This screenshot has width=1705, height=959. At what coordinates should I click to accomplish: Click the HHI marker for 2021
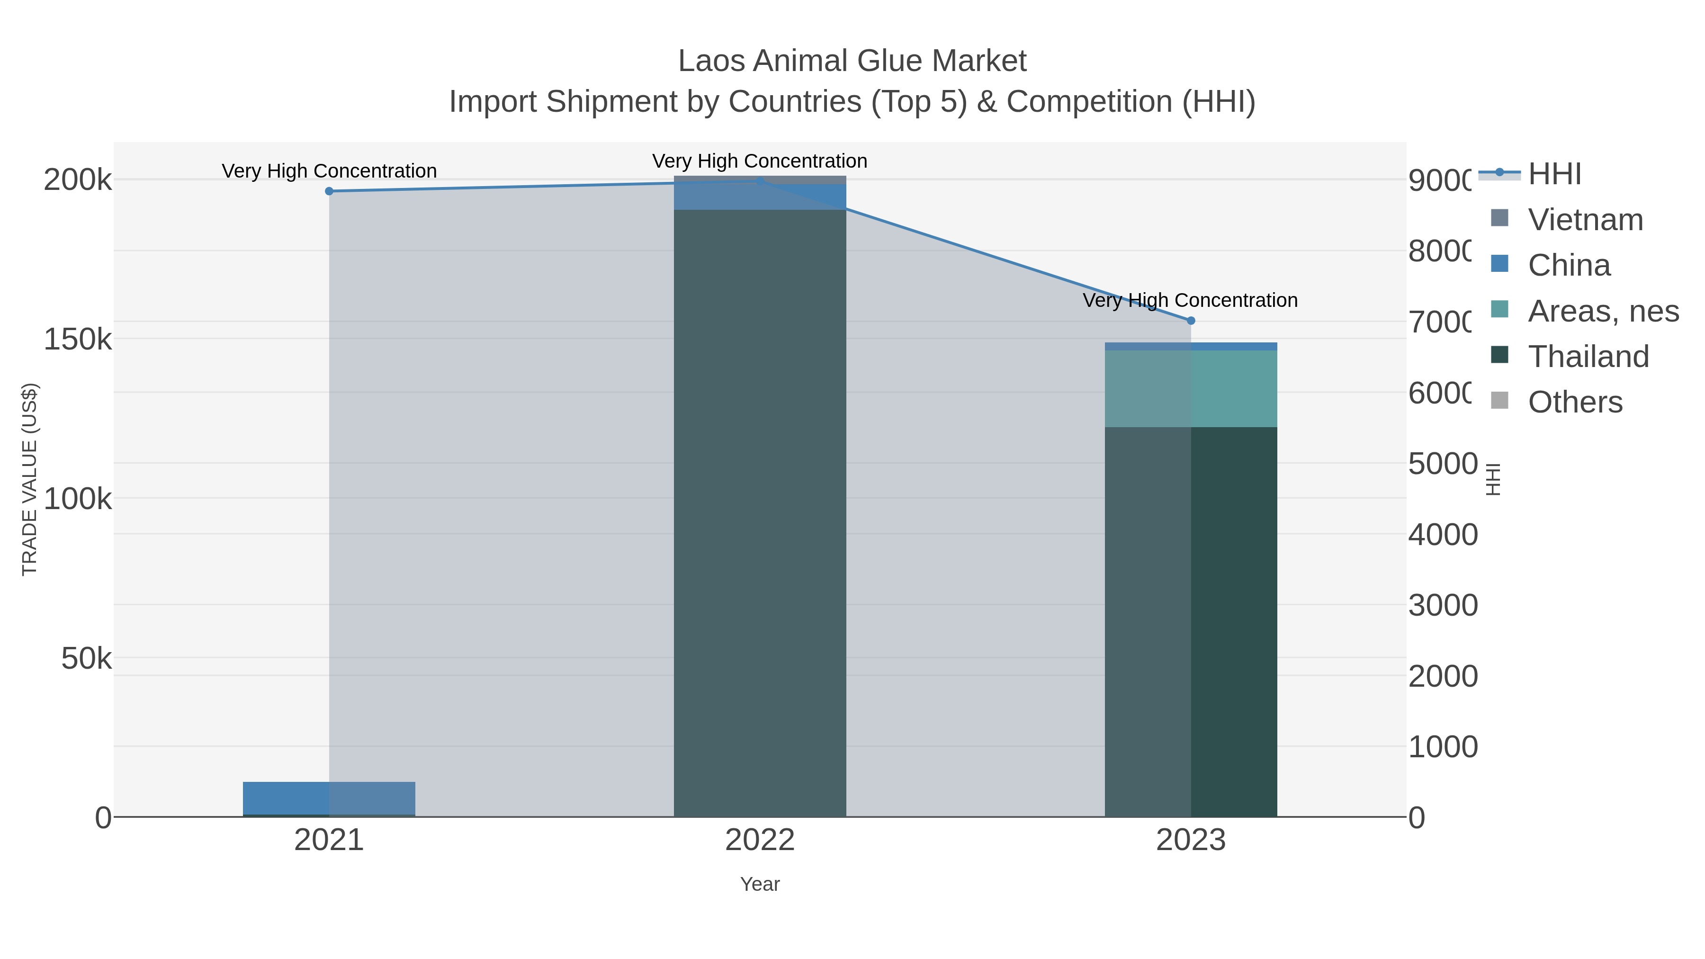pyautogui.click(x=329, y=191)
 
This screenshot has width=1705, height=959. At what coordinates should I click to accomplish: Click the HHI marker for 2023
pyautogui.click(x=1191, y=320)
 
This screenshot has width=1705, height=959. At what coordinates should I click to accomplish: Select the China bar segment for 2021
pyautogui.click(x=329, y=798)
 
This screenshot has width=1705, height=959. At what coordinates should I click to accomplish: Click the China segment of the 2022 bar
pyautogui.click(x=760, y=197)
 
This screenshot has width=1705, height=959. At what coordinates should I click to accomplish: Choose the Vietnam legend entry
pyautogui.click(x=1585, y=220)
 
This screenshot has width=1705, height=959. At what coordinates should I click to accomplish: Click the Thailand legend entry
pyautogui.click(x=1588, y=356)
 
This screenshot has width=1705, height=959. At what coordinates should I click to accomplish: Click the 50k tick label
pyautogui.click(x=86, y=659)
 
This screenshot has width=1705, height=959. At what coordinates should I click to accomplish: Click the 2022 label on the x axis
pyautogui.click(x=760, y=840)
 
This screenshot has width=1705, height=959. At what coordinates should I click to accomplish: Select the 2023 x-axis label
pyautogui.click(x=1191, y=840)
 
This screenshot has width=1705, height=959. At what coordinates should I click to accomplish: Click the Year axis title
pyautogui.click(x=760, y=884)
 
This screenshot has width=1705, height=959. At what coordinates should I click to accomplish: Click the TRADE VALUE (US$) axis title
pyautogui.click(x=30, y=479)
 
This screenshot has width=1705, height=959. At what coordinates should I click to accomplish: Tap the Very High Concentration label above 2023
pyautogui.click(x=1189, y=300)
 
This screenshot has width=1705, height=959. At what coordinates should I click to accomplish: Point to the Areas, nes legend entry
pyautogui.click(x=1602, y=311)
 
